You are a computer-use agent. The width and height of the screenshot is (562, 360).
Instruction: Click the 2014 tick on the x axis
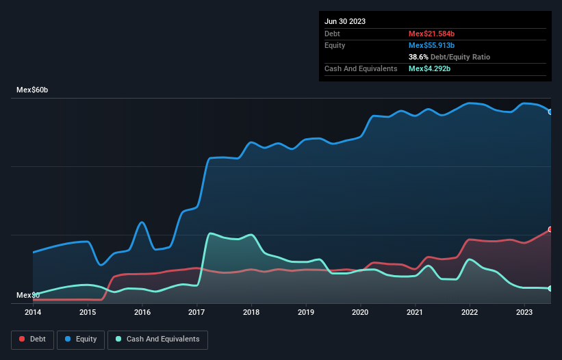point(33,312)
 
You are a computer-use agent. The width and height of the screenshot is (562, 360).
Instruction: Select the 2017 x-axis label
point(196,312)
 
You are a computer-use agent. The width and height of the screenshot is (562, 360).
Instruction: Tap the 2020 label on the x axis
point(360,312)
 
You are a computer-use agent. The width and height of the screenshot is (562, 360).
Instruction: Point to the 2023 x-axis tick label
point(524,312)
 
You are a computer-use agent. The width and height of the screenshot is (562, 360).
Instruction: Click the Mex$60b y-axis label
point(33,90)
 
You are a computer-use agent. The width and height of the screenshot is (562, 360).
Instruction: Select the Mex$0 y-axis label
point(28,295)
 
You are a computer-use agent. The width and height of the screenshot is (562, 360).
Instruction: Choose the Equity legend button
point(81,339)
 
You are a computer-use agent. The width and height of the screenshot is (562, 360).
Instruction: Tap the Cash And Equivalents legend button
point(157,339)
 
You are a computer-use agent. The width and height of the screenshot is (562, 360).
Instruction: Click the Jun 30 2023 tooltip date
point(345,21)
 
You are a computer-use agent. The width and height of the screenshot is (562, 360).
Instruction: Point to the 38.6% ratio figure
point(418,57)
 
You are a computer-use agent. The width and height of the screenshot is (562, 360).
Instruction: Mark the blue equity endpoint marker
point(550,112)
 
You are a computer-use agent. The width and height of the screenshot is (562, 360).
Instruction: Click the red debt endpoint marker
point(550,229)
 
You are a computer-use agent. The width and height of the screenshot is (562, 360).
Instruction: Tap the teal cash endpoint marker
point(550,289)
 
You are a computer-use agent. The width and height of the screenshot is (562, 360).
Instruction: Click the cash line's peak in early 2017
point(210,233)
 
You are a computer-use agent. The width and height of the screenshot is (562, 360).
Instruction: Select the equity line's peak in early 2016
point(142,222)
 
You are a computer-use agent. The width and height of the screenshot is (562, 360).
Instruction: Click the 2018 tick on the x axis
point(251,312)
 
